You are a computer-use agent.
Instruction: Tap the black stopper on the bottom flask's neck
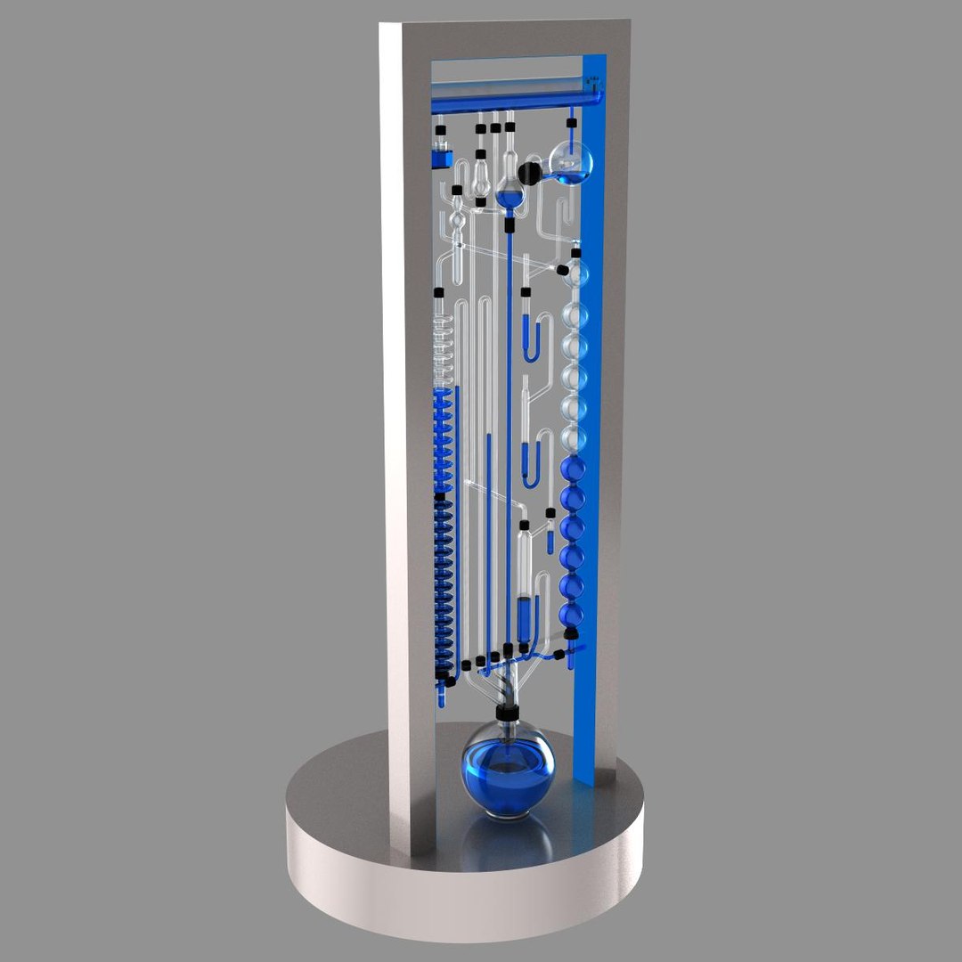pyautogui.click(x=508, y=711)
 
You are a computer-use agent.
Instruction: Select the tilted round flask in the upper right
pyautogui.click(x=571, y=161)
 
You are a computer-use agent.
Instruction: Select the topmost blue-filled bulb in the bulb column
pyautogui.click(x=573, y=469)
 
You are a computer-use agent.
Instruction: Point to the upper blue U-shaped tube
pyautogui.click(x=533, y=338)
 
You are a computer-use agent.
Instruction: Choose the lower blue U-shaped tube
pyautogui.click(x=532, y=463)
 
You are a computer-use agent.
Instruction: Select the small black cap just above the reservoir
pyautogui.click(x=440, y=131)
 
